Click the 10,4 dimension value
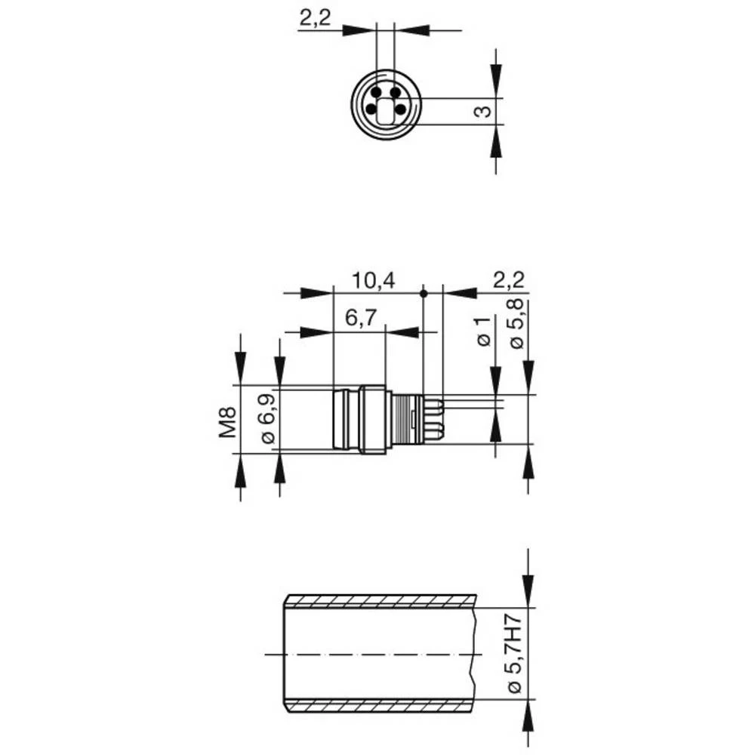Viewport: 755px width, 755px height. pyautogui.click(x=373, y=281)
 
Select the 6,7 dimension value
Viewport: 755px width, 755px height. pyautogui.click(x=361, y=319)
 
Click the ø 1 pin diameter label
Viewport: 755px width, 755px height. pyautogui.click(x=484, y=333)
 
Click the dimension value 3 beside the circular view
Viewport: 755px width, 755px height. pyautogui.click(x=484, y=112)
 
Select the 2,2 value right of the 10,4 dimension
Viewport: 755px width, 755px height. pyautogui.click(x=508, y=281)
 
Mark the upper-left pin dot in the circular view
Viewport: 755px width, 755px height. pyautogui.click(x=375, y=91)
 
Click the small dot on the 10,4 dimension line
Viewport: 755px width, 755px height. pyautogui.click(x=424, y=292)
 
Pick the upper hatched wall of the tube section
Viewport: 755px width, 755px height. pyautogui.click(x=381, y=601)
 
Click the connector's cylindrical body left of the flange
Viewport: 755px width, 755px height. pyautogui.click(x=346, y=420)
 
